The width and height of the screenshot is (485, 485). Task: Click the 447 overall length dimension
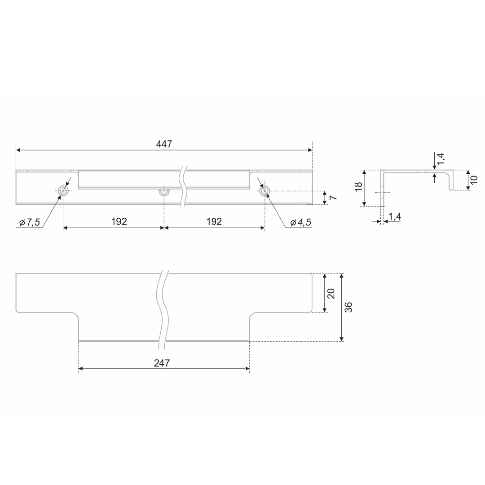tap(164, 144)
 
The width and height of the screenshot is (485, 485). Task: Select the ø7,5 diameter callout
tap(30, 222)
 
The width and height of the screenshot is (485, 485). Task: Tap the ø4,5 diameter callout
tap(300, 222)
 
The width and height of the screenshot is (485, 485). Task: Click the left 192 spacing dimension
tap(119, 221)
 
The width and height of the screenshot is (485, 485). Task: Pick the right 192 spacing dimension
tap(214, 221)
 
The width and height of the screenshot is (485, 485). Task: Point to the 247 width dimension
tap(162, 363)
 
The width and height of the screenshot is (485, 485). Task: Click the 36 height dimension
tap(348, 307)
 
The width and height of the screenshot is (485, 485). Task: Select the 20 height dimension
tap(331, 293)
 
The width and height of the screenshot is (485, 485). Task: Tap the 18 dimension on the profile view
tap(358, 186)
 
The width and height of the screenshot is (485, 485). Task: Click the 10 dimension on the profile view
tap(474, 180)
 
